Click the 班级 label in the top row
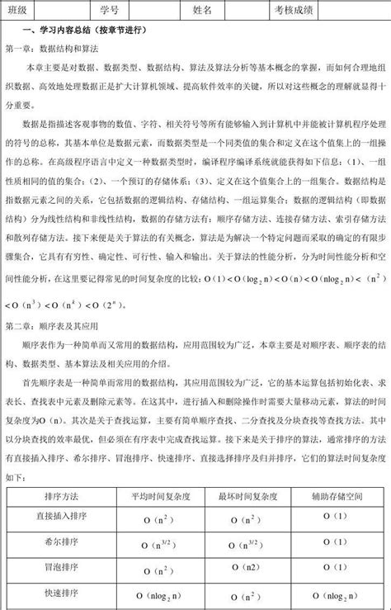pyautogui.click(x=17, y=10)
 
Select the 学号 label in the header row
pyautogui.click(x=109, y=10)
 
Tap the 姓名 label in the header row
pyautogui.click(x=202, y=10)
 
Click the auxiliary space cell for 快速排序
pyautogui.click(x=338, y=597)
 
